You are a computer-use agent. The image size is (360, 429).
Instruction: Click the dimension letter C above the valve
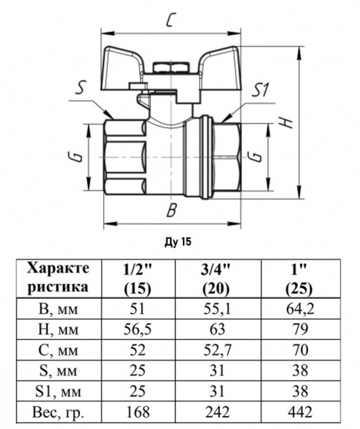169,21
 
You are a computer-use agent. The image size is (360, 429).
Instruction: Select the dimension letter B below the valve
171,210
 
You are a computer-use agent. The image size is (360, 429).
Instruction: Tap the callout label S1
261,89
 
